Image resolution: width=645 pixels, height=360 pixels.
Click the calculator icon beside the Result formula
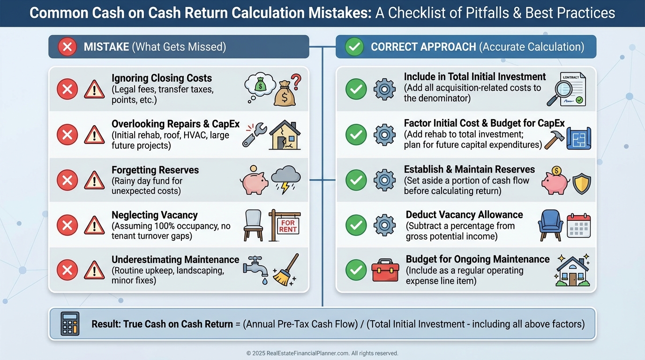pyautogui.click(x=70, y=323)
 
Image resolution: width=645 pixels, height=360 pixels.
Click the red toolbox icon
pyautogui.click(x=385, y=270)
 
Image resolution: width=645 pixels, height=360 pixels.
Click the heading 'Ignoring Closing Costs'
pyautogui.click(x=161, y=78)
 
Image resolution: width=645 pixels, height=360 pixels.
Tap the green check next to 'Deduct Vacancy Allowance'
pyautogui.click(x=356, y=225)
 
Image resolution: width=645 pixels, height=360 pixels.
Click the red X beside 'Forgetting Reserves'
pyautogui.click(x=67, y=180)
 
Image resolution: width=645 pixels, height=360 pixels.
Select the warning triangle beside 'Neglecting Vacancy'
pyautogui.click(x=94, y=225)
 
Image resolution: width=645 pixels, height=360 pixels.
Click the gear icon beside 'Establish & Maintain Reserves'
pyautogui.click(x=385, y=180)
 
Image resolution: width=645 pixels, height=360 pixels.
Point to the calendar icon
pyautogui.click(x=579, y=225)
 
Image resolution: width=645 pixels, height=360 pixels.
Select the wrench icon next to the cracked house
pyautogui.click(x=255, y=135)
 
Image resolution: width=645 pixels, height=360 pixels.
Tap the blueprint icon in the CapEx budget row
pyautogui.click(x=578, y=138)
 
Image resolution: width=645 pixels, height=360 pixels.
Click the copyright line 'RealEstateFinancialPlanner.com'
pyautogui.click(x=322, y=353)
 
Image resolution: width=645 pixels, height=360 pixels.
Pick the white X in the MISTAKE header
pyautogui.click(x=67, y=46)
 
